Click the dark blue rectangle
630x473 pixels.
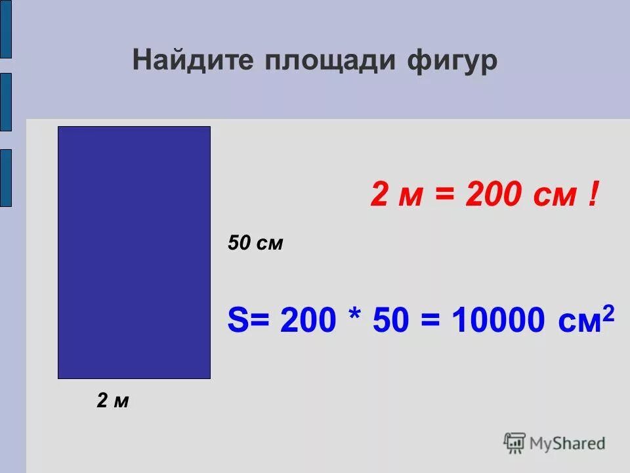134,252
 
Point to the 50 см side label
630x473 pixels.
255,244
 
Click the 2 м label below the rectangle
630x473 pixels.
113,401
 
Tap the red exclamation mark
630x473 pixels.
593,196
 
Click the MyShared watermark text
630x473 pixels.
567,443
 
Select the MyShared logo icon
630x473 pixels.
514,441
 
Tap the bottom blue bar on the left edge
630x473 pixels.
5,177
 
